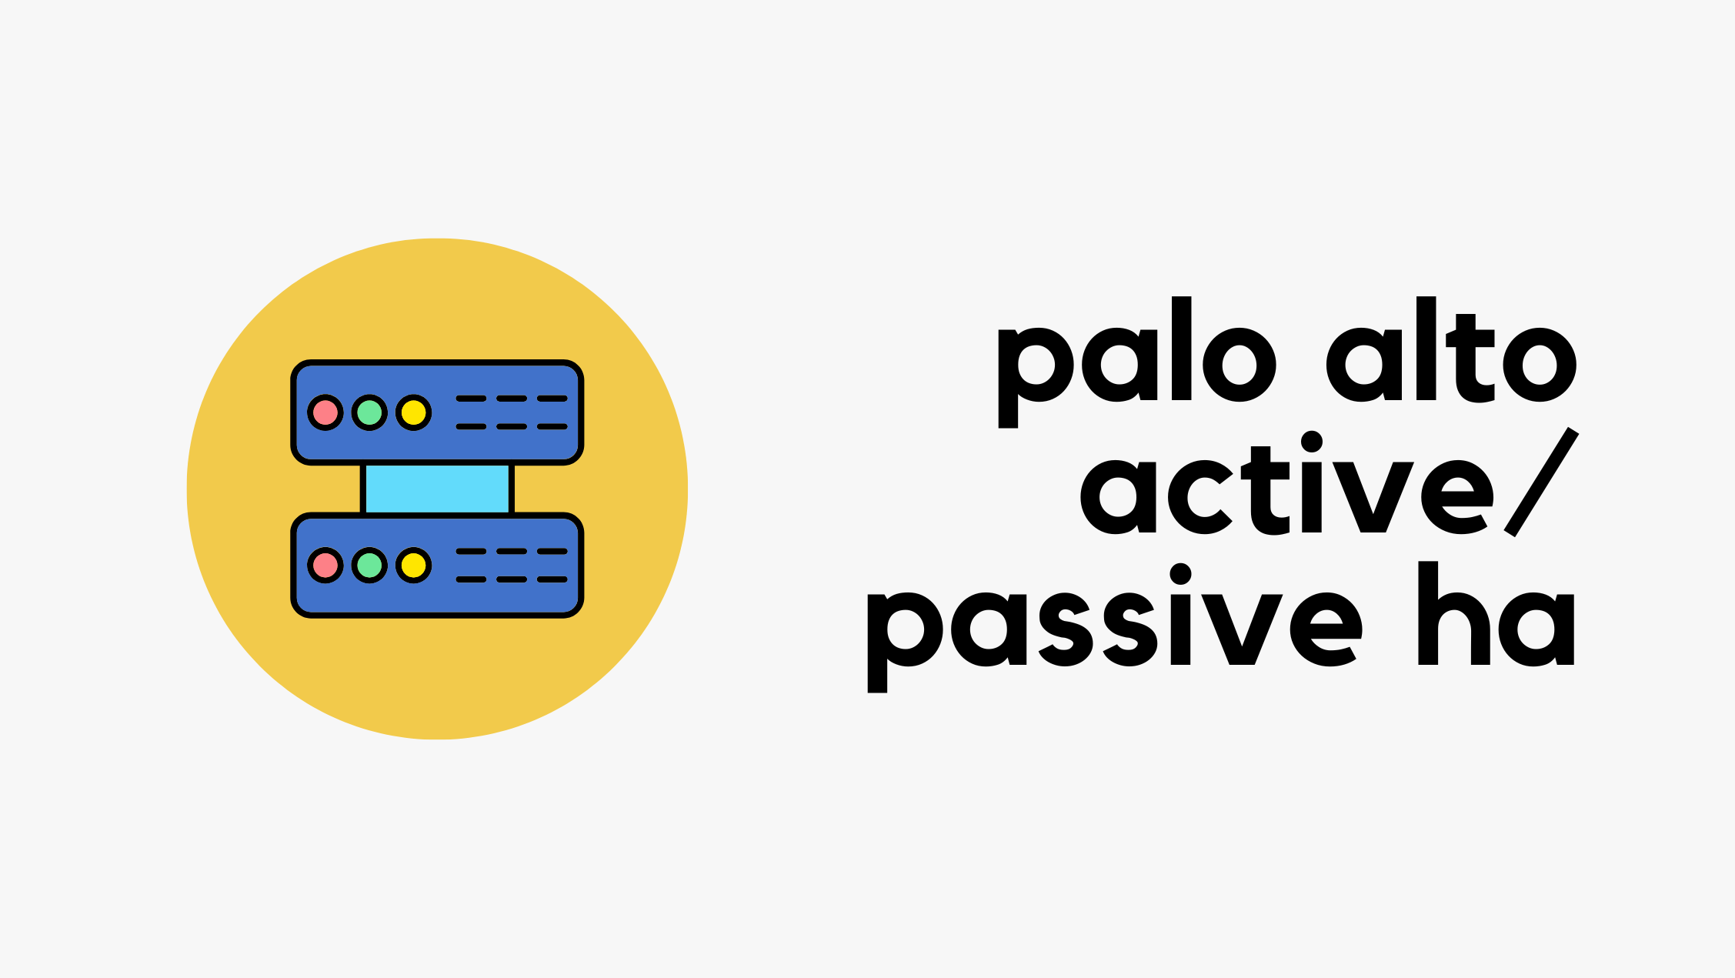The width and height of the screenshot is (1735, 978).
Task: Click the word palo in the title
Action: (1137, 362)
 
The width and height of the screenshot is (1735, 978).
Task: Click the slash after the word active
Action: (1541, 482)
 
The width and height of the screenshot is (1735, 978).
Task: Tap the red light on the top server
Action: (325, 412)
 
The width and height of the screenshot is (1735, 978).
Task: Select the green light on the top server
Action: (369, 412)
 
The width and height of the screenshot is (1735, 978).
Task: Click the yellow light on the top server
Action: (414, 412)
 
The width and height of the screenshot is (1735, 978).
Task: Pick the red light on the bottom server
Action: (325, 566)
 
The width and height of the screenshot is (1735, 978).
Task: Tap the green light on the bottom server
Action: (369, 566)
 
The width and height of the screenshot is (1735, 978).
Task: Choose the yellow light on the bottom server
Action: (414, 566)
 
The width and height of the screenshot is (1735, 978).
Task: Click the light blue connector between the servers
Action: (437, 489)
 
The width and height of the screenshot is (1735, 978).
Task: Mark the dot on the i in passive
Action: (1180, 574)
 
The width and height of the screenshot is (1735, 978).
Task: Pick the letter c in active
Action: (1201, 497)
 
